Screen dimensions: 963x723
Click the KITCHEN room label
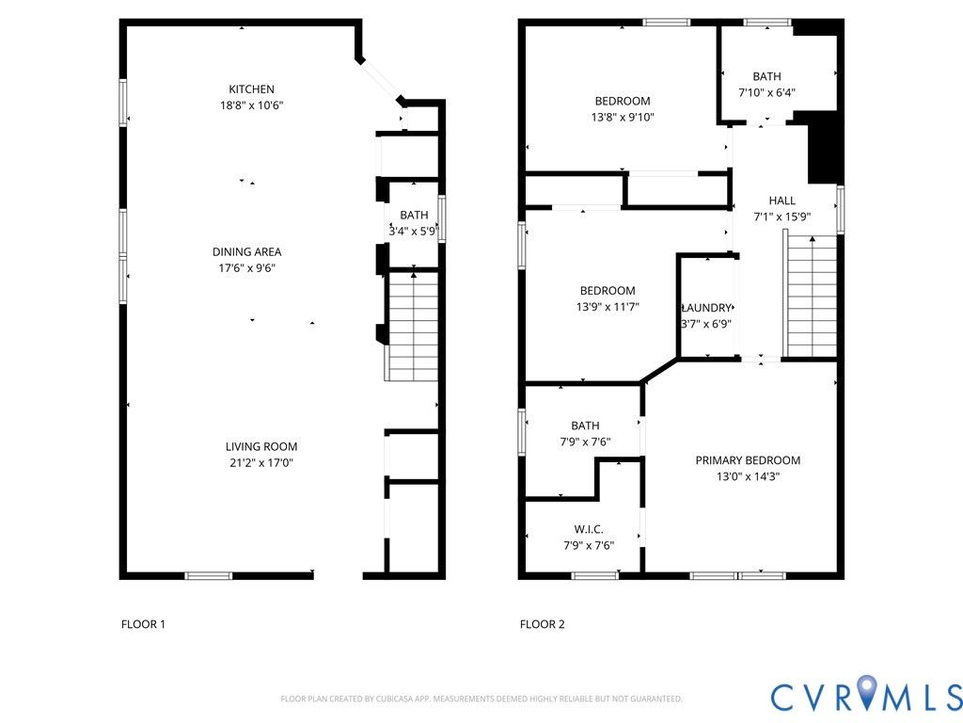coord(251,89)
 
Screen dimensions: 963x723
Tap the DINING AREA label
coord(247,251)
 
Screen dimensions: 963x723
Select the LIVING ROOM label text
coord(261,447)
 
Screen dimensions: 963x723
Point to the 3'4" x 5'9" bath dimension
coord(414,232)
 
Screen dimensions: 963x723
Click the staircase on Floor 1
coord(412,327)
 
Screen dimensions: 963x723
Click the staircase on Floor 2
coord(810,295)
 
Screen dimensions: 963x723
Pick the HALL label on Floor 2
coord(781,201)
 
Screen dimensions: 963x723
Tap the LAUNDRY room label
coord(706,308)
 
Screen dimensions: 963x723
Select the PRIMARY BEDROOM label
coord(748,460)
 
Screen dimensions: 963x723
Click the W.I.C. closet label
coord(589,529)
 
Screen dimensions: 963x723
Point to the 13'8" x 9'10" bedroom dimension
coord(623,117)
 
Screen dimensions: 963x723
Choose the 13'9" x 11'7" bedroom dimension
coord(608,306)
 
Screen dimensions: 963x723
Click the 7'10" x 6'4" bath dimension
coord(766,93)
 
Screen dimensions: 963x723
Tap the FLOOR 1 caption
coord(143,625)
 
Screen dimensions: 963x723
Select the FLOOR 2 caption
coord(542,625)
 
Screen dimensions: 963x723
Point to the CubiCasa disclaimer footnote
coord(481,699)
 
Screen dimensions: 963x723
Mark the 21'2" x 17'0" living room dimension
coord(261,463)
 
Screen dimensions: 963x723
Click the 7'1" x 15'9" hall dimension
coord(781,217)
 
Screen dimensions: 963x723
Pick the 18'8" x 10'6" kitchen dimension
coord(251,105)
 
